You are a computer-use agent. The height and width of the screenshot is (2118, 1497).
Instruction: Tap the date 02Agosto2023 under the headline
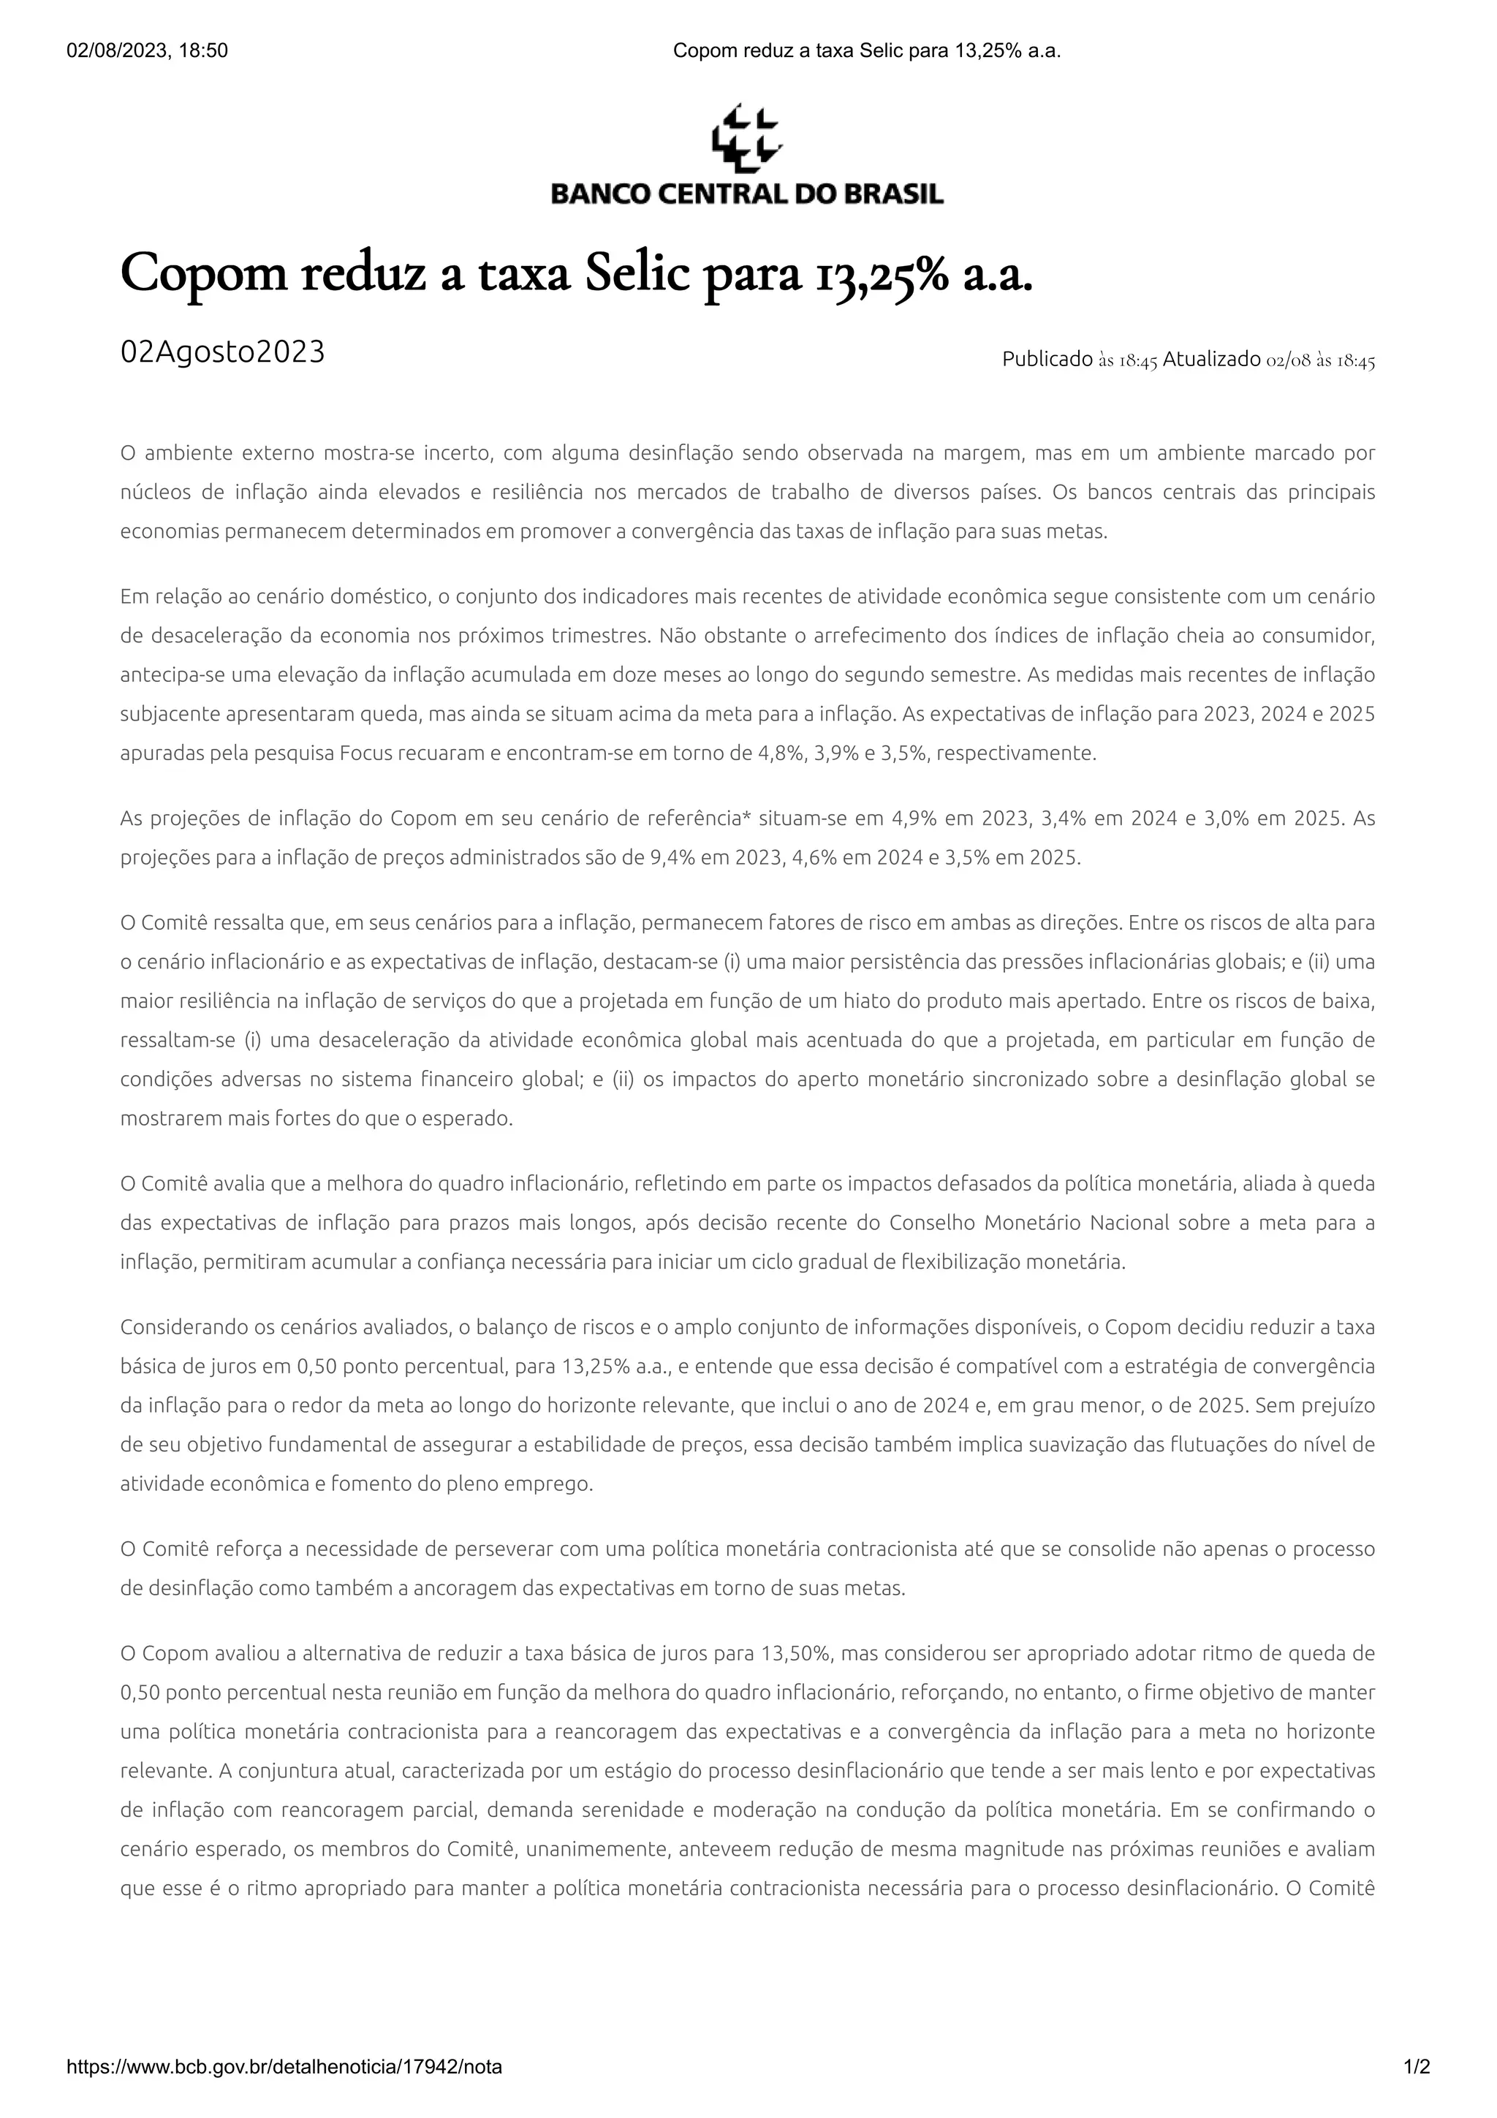pyautogui.click(x=222, y=352)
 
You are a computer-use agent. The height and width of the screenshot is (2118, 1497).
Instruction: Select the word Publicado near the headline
pyautogui.click(x=1047, y=360)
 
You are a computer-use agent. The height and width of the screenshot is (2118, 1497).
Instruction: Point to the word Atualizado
pyautogui.click(x=1211, y=360)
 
